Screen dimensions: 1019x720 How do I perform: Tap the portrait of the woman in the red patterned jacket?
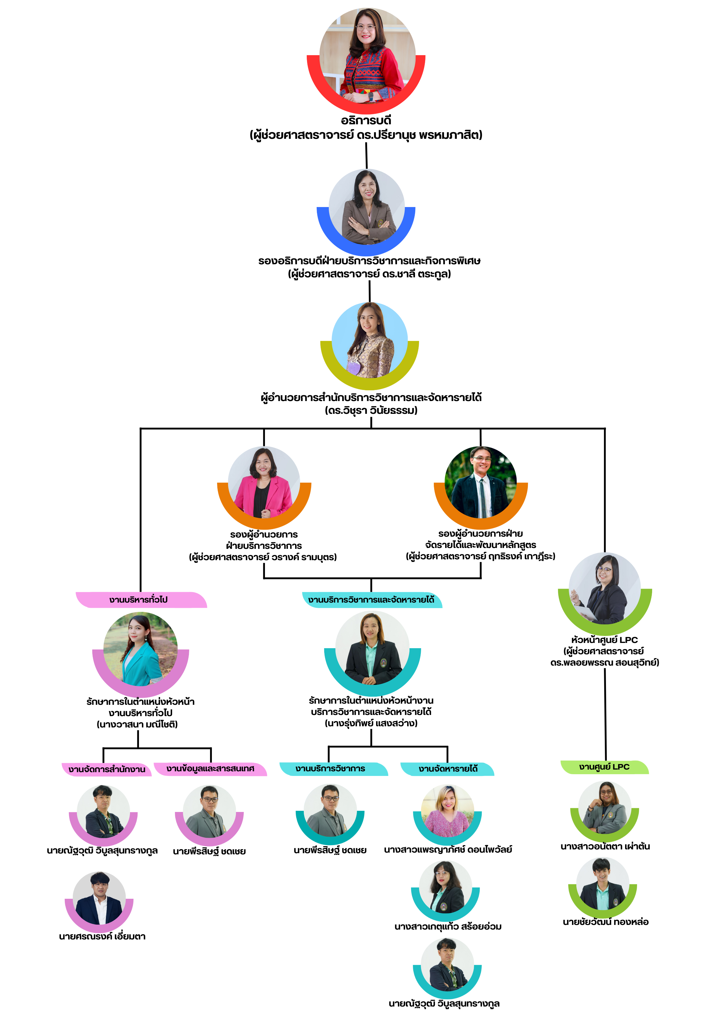[x=367, y=55]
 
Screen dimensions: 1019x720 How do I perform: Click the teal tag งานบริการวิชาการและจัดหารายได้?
[x=371, y=600]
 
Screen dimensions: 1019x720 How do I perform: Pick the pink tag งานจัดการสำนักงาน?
[x=107, y=769]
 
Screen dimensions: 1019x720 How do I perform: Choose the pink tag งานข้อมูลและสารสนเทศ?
[x=210, y=768]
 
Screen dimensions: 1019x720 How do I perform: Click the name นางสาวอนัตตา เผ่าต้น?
[x=605, y=846]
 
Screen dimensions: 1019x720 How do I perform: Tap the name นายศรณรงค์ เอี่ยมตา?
[x=102, y=937]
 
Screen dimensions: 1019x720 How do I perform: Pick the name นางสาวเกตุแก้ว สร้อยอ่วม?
[x=447, y=927]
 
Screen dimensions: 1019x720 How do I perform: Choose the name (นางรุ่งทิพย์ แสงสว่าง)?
[x=371, y=723]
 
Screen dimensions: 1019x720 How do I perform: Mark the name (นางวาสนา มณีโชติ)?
[x=138, y=724]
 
